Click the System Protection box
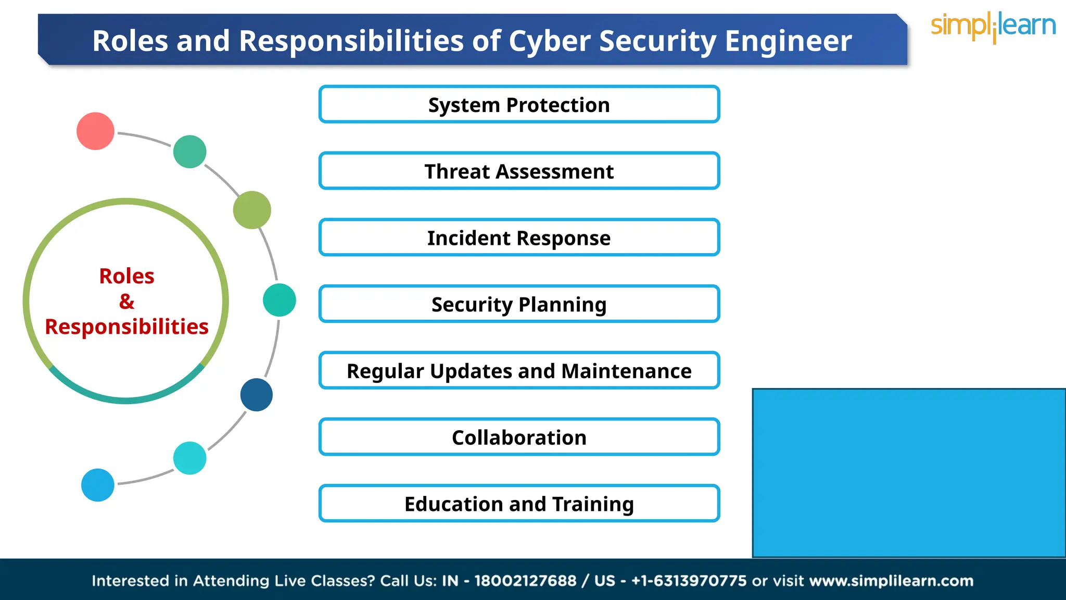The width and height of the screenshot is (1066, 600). pos(519,105)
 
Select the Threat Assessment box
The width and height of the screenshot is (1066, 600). pos(519,171)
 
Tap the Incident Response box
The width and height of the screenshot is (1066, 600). pos(519,238)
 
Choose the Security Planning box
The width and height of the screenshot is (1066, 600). pos(519,304)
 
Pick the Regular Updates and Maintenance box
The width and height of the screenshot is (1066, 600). pos(519,371)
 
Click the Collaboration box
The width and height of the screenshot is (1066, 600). pos(519,438)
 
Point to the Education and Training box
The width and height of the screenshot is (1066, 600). pos(519,504)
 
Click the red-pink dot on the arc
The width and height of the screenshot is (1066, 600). pos(95,131)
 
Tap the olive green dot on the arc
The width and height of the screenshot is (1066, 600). pos(252,210)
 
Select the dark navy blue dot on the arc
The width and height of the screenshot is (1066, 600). pos(256,395)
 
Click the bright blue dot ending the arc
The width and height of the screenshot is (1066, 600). pos(98,485)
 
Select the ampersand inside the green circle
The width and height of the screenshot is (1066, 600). pos(126,302)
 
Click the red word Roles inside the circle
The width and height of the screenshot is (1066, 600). pos(126,276)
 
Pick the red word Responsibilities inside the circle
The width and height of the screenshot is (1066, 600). pos(126,327)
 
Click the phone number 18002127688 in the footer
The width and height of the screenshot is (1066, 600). pos(525,581)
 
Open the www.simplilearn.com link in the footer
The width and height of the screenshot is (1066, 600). pos(891,581)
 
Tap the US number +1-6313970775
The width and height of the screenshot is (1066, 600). pos(689,581)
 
